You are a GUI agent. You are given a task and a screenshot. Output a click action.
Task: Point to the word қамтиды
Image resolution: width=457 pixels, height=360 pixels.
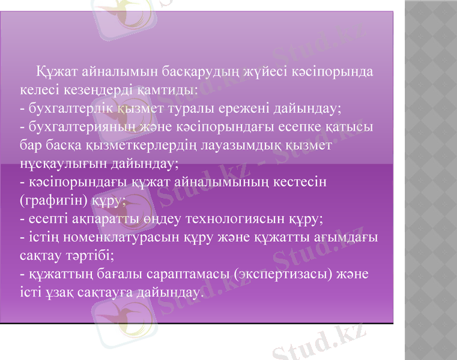[165, 91]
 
